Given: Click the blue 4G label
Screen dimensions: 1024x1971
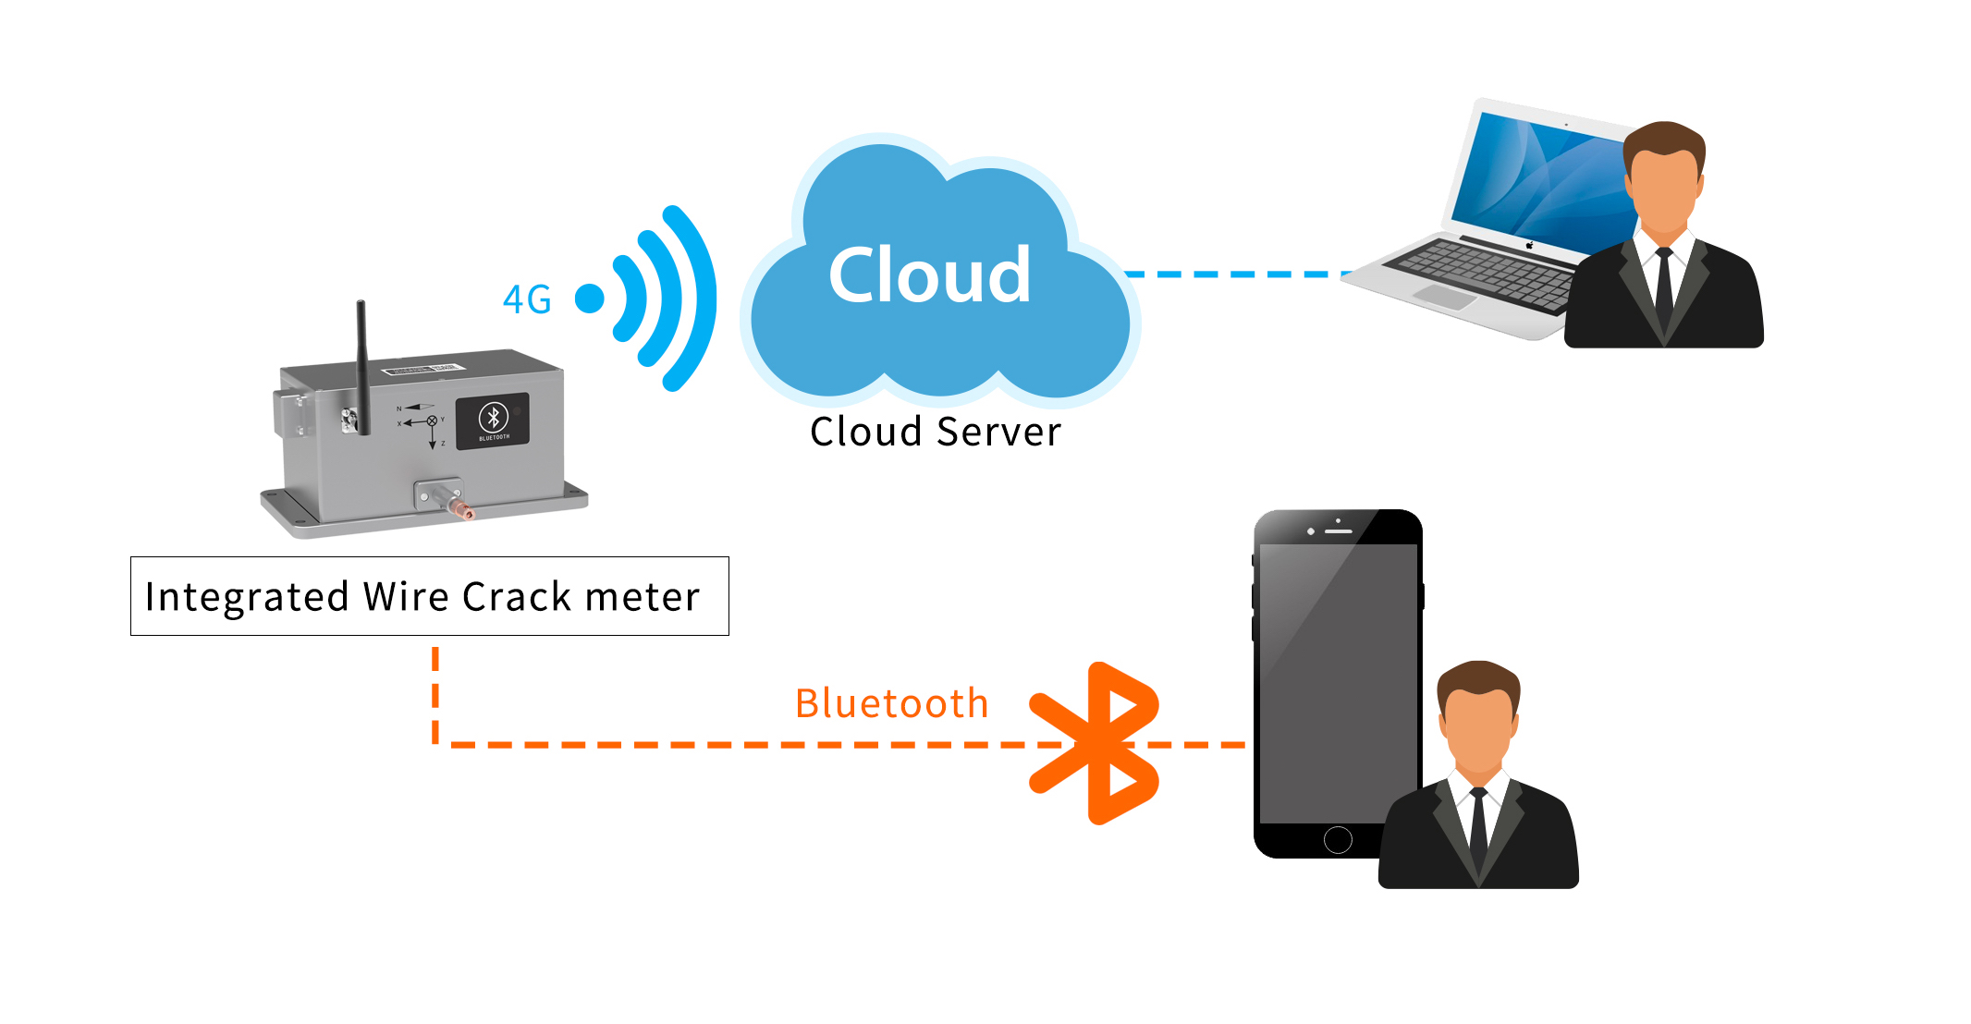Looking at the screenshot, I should (527, 299).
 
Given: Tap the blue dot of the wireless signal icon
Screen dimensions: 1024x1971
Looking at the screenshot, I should (590, 298).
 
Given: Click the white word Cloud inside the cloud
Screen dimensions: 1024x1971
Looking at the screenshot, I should (929, 274).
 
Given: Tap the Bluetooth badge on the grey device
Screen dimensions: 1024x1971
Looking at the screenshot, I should (493, 421).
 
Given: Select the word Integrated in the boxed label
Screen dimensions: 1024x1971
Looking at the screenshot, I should (247, 597).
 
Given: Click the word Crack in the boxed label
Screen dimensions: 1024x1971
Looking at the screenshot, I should (517, 597).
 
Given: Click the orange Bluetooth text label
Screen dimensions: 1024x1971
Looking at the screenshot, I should (891, 703).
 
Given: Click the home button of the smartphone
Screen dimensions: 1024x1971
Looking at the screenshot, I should (1338, 839).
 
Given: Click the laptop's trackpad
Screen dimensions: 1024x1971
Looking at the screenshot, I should (1445, 297).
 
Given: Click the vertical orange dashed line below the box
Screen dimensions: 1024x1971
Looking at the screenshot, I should (435, 693).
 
